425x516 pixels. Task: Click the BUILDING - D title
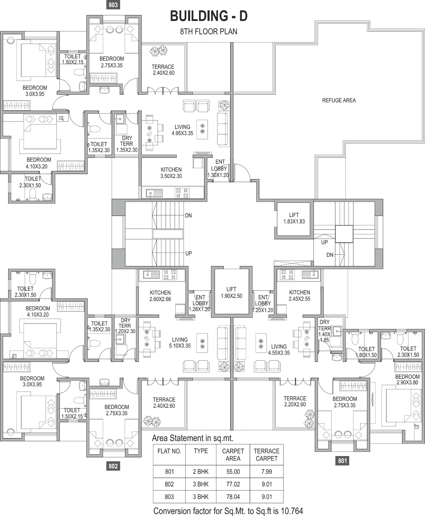[x=209, y=16]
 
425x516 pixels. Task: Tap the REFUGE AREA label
[x=339, y=100]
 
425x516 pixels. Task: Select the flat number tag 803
[x=113, y=5]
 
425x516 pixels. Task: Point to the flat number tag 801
[x=342, y=461]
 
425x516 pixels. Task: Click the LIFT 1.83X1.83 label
[x=294, y=218]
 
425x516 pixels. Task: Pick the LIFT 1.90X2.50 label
[x=231, y=292]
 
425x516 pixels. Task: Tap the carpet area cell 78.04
[x=233, y=496]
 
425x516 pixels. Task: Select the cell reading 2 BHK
[x=201, y=472]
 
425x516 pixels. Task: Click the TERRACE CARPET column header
[x=267, y=455]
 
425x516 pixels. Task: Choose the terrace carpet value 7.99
[x=267, y=472]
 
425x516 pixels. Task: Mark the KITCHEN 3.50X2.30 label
[x=171, y=173]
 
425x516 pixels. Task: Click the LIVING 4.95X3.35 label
[x=182, y=130]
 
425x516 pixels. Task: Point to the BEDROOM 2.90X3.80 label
[x=407, y=379]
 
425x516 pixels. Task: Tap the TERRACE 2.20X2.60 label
[x=295, y=401]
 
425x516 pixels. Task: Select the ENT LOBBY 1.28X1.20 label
[x=199, y=303]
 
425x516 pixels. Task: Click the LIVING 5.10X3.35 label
[x=180, y=343]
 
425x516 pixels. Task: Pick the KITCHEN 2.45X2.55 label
[x=299, y=295]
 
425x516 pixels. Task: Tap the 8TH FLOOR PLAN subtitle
[x=209, y=31]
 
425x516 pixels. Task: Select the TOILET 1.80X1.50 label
[x=366, y=352]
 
